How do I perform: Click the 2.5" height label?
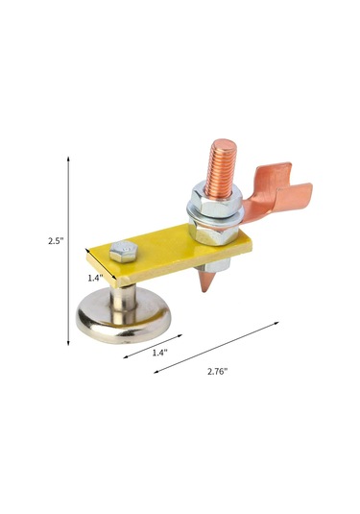[56, 241]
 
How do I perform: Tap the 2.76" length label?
[217, 372]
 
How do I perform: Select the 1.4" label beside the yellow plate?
[95, 278]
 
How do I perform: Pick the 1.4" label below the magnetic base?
[160, 353]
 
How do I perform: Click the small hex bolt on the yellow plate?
[124, 252]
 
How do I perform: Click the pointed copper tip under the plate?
[206, 281]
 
